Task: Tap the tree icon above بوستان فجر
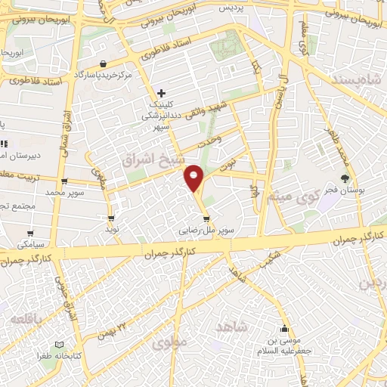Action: pyautogui.click(x=345, y=179)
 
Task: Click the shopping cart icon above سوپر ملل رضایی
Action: pyautogui.click(x=206, y=219)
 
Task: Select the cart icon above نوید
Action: pyautogui.click(x=112, y=218)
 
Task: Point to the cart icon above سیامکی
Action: pyautogui.click(x=30, y=234)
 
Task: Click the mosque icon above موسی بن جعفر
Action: pyautogui.click(x=284, y=329)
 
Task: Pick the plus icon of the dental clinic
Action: pyautogui.click(x=161, y=93)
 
